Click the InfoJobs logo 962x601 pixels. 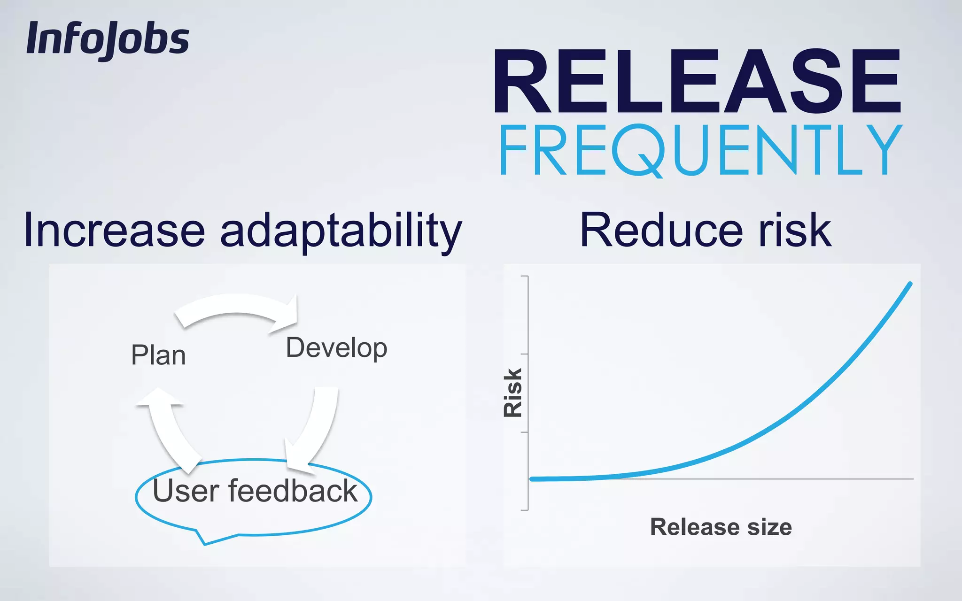pyautogui.click(x=108, y=39)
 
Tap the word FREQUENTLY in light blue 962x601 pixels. pyautogui.click(x=700, y=150)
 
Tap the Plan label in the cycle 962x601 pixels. pyautogui.click(x=158, y=355)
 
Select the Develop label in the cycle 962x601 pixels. pyautogui.click(x=336, y=348)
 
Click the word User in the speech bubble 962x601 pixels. pyautogui.click(x=186, y=491)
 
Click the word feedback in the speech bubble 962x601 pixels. pyautogui.click(x=293, y=491)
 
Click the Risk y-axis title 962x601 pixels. pyautogui.click(x=512, y=393)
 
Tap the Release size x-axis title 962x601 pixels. pyautogui.click(x=721, y=527)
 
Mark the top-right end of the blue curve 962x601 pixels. pyautogui.click(x=910, y=284)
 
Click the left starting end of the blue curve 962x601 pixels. pyautogui.click(x=532, y=479)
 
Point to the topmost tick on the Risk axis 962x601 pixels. pyautogui.click(x=525, y=277)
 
